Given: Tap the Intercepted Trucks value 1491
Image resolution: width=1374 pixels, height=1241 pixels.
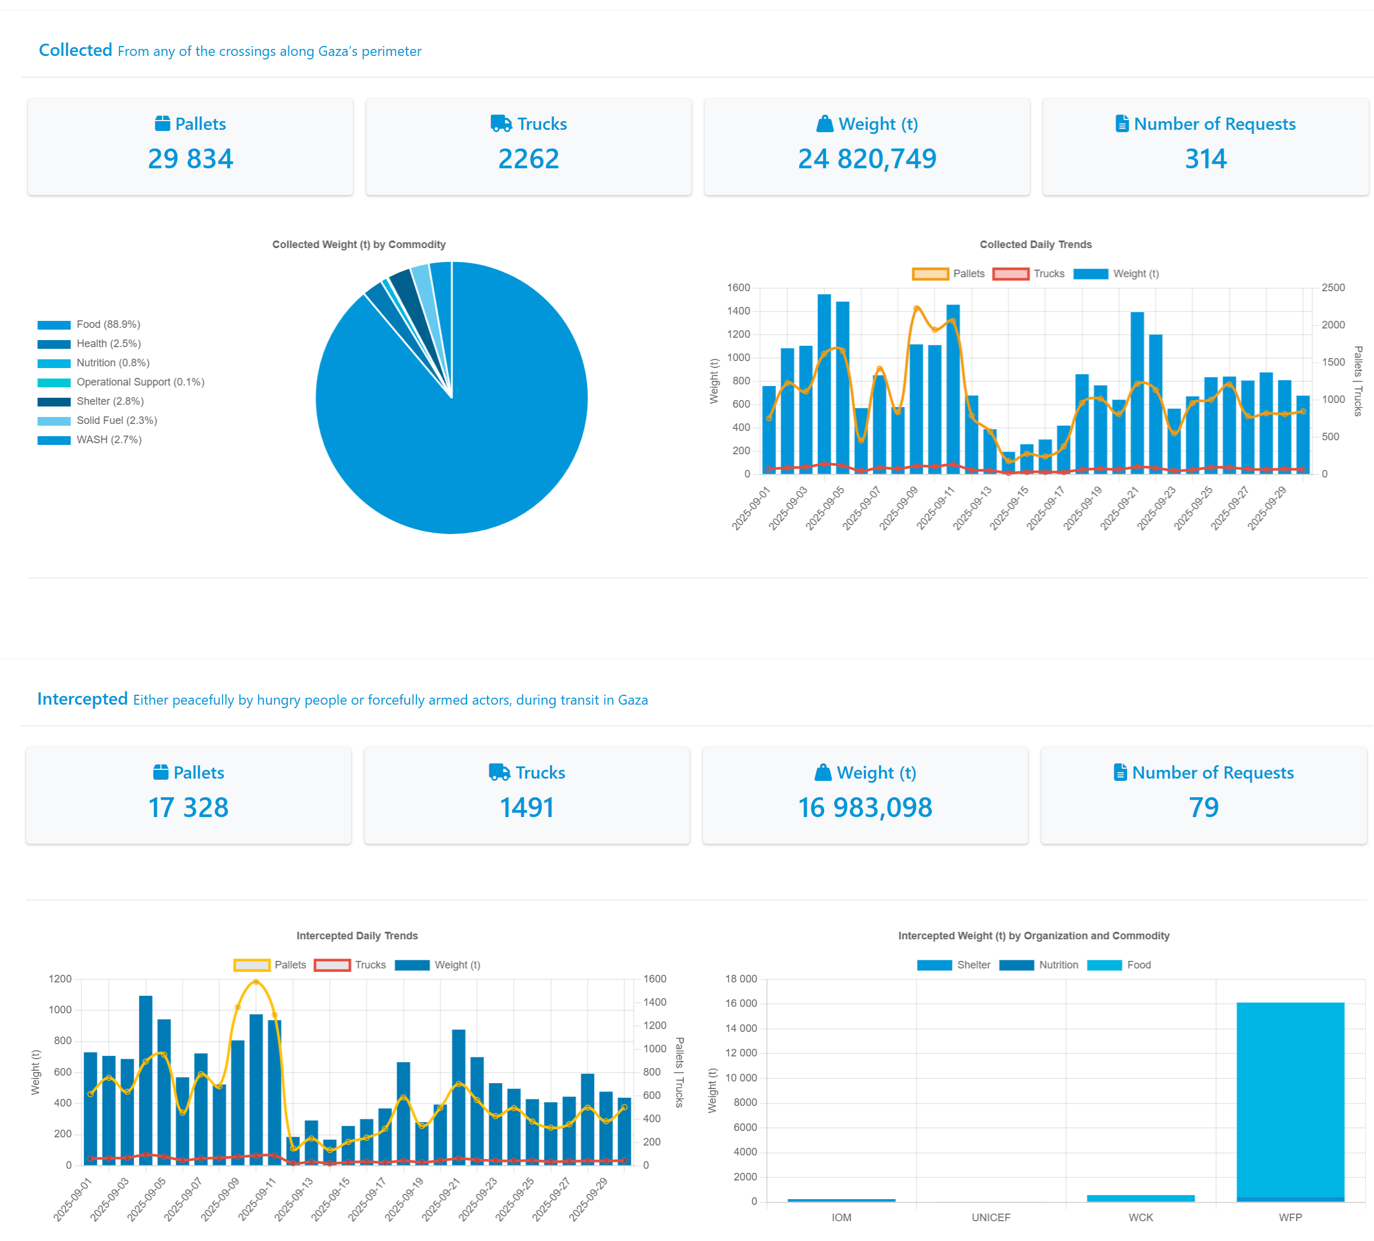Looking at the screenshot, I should click(x=527, y=808).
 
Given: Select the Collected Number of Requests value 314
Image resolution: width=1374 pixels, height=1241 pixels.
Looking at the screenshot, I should click(x=1205, y=159).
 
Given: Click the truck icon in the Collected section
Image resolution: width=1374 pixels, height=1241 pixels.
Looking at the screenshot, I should click(x=501, y=123).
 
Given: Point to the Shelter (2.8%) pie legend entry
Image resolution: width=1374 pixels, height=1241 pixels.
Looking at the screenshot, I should click(x=109, y=401).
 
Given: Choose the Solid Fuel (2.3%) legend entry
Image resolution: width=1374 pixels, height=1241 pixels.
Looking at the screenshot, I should click(x=116, y=420).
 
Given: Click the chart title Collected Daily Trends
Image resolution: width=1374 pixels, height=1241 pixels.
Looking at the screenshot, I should click(x=1035, y=245).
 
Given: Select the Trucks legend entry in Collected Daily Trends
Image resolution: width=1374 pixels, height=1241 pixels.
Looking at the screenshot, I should click(x=1029, y=274).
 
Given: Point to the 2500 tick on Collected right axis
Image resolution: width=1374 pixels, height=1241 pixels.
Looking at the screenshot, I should click(x=1333, y=288).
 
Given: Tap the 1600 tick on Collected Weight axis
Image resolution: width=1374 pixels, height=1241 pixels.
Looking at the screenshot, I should click(x=738, y=288).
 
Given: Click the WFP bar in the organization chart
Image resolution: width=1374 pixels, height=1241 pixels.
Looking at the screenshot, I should click(x=1290, y=1097).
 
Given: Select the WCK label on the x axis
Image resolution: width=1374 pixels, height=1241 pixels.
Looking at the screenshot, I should click(x=1140, y=1217).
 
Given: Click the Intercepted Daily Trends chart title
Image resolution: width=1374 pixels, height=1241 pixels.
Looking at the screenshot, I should click(x=357, y=936).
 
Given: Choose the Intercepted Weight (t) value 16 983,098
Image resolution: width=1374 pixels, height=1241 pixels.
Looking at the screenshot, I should click(x=865, y=808).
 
